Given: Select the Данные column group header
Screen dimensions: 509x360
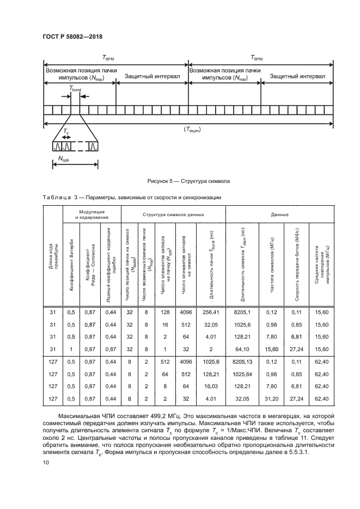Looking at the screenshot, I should [x=279, y=214].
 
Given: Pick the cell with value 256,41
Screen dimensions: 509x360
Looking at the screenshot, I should [x=210, y=312].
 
